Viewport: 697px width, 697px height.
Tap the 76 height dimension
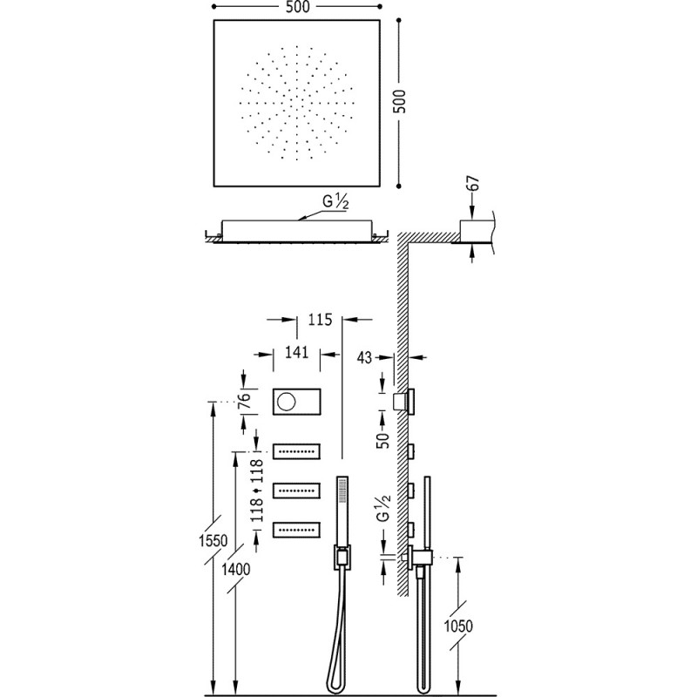pos(245,402)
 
